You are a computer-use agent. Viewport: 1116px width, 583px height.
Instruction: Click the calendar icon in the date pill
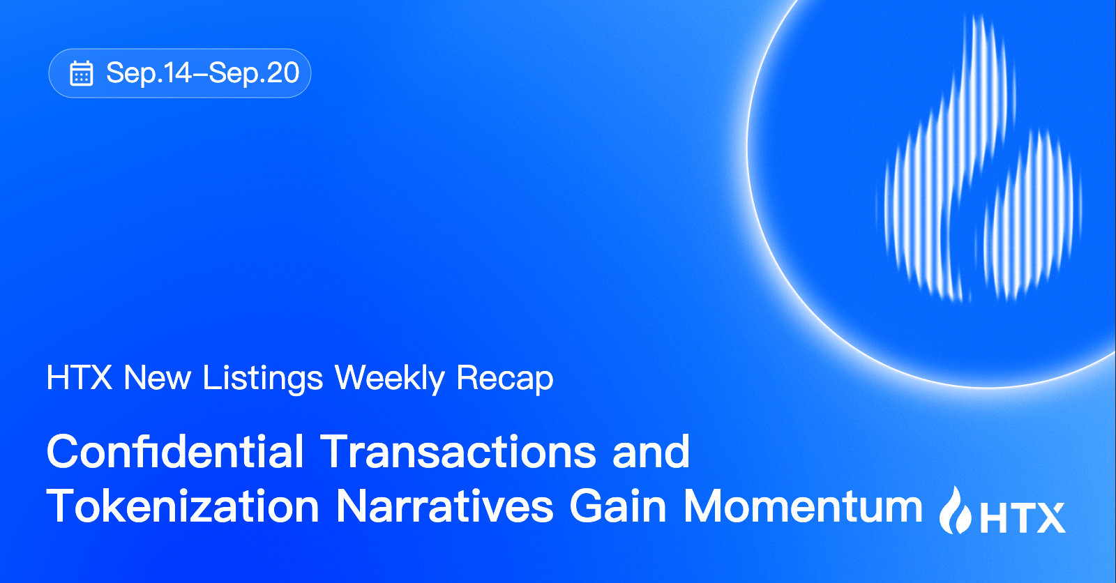81,73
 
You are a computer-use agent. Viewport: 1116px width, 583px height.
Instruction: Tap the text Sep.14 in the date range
149,73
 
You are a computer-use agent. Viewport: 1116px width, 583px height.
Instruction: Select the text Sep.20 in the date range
254,73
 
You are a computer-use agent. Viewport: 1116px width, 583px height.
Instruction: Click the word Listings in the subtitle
263,379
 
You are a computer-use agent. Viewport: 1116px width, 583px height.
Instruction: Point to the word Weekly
390,379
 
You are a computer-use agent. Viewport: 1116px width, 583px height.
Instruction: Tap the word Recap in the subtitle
505,379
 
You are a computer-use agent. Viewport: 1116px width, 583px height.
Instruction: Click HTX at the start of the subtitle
80,378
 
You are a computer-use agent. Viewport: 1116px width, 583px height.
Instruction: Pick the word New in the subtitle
158,378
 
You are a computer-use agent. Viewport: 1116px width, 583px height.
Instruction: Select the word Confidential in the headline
175,451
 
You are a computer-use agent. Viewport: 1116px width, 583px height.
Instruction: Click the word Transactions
458,451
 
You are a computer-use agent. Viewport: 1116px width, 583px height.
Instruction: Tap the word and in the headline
651,451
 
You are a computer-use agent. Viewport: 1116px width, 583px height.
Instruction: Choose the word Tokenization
183,506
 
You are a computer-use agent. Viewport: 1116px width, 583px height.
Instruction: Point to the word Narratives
444,506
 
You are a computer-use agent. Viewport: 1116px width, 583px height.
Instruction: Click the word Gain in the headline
618,506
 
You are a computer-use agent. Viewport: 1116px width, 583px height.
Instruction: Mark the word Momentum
803,506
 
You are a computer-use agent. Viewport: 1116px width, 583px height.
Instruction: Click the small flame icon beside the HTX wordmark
955,510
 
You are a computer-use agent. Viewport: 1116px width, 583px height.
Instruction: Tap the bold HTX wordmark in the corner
1023,517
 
